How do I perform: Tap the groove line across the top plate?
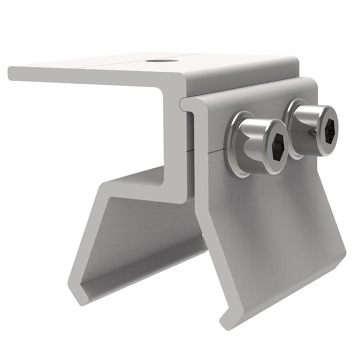[x=108, y=65]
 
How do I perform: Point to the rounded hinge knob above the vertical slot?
[x=184, y=103]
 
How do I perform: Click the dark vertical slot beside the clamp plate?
[x=191, y=151]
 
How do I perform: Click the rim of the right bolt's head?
[x=336, y=119]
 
